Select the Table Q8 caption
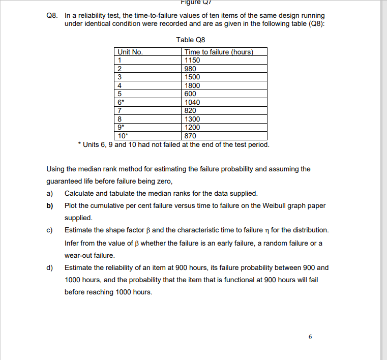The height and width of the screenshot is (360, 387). [x=191, y=40]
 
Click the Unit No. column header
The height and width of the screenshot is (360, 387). [x=130, y=52]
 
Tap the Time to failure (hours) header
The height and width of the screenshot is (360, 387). [x=219, y=52]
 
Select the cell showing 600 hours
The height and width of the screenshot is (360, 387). [x=190, y=94]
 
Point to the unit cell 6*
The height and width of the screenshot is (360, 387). [x=121, y=102]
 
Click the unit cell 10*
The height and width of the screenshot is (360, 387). [x=123, y=136]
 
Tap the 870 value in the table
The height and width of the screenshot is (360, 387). [x=190, y=136]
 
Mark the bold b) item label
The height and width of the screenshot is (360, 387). [x=50, y=205]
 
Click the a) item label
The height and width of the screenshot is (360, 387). [x=50, y=193]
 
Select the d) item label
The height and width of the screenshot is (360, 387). [x=50, y=267]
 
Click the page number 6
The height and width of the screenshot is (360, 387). [x=310, y=337]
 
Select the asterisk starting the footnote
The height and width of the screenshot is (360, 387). [x=78, y=145]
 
